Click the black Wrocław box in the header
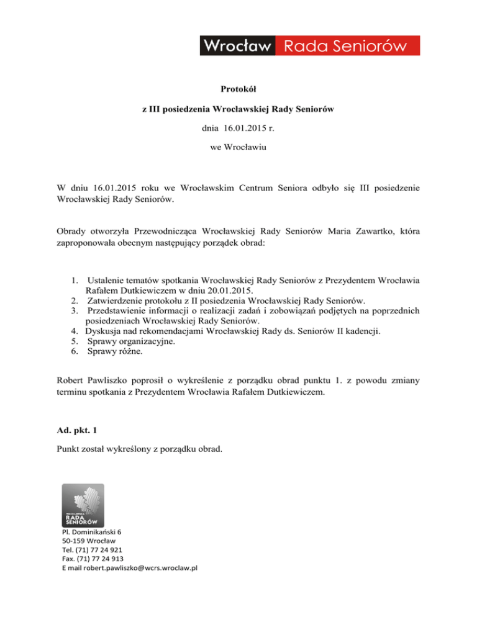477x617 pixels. pyautogui.click(x=237, y=46)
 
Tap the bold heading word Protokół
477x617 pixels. pyautogui.click(x=238, y=89)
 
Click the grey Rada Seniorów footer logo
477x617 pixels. pyautogui.click(x=83, y=505)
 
